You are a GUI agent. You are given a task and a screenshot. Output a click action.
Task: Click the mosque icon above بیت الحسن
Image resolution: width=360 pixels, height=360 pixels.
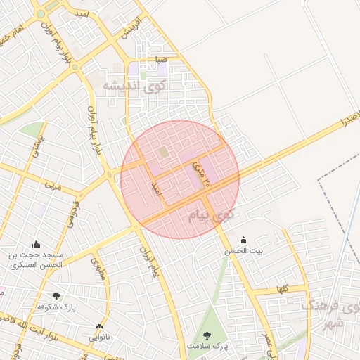(x=243, y=240)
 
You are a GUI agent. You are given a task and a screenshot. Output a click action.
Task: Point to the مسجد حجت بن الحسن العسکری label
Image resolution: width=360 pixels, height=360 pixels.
(x=36, y=259)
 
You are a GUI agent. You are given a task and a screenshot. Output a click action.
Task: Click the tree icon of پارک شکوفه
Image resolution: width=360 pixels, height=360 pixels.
(x=56, y=296)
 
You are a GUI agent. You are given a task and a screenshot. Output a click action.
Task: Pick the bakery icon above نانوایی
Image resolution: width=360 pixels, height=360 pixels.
(x=99, y=326)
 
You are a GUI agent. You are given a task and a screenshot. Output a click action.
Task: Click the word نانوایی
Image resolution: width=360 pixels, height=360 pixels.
(x=99, y=337)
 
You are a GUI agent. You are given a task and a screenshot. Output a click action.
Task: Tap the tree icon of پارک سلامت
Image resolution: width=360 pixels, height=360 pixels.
(x=207, y=335)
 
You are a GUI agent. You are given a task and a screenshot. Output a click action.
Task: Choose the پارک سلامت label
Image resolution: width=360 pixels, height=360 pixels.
(x=209, y=347)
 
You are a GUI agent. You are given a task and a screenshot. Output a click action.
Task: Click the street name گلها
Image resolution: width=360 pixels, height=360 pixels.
(x=283, y=289)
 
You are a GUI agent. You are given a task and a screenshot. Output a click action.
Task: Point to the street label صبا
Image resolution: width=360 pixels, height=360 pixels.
(x=162, y=60)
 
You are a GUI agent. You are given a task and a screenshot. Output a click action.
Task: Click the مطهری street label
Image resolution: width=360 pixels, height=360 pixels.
(x=96, y=267)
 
